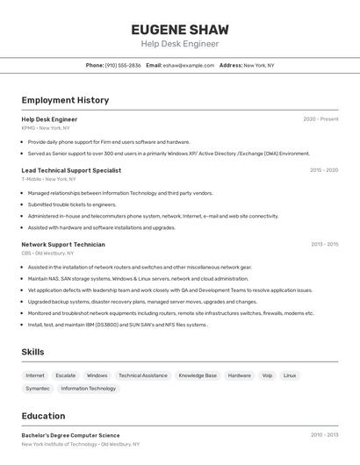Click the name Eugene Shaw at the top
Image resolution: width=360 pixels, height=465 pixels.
tap(179, 29)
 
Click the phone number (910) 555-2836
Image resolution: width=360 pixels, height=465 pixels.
tap(123, 65)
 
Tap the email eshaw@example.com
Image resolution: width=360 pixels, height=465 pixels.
tap(188, 65)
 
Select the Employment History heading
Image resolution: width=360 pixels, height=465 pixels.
tap(65, 100)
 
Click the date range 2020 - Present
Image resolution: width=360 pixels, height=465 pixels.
tap(320, 119)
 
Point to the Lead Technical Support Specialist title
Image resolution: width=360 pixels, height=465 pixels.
tap(71, 170)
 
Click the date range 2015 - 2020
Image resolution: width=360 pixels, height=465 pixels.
tap(323, 170)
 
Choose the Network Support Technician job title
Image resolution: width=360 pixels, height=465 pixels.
tap(63, 245)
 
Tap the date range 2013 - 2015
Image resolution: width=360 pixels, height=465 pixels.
tap(323, 245)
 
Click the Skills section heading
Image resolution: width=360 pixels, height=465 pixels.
tap(32, 352)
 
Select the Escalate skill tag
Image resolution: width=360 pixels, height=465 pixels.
tap(66, 376)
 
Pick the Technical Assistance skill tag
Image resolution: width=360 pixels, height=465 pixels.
tap(142, 376)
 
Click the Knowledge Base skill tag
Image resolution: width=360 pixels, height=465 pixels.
tap(198, 376)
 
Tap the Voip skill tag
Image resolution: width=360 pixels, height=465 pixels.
tap(267, 376)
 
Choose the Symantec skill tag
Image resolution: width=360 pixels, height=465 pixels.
tap(38, 388)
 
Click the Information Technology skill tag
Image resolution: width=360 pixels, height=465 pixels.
tap(88, 388)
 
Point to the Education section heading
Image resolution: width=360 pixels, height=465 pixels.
tap(43, 416)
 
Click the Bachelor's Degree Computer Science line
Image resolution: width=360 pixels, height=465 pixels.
tap(70, 435)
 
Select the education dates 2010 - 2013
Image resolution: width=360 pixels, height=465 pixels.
tap(323, 435)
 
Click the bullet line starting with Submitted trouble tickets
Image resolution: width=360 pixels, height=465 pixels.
tap(72, 204)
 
